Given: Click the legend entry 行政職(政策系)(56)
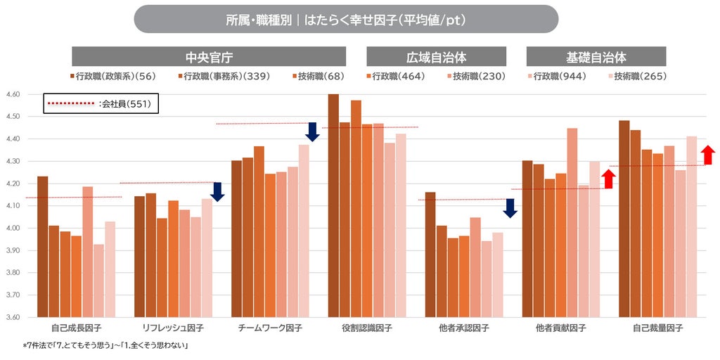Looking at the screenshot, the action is click(113, 77).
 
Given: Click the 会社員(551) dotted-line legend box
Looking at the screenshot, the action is click(101, 104).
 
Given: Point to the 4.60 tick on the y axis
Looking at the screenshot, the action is click(13, 95).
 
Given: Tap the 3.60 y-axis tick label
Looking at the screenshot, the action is click(13, 317).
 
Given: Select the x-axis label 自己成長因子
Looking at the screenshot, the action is click(77, 328).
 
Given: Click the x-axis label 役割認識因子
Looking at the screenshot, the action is click(367, 328).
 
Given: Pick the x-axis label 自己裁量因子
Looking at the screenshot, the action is click(658, 328).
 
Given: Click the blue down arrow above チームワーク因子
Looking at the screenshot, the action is click(312, 131).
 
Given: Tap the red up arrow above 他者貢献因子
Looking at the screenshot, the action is click(608, 179).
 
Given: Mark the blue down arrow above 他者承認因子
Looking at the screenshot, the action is click(510, 208).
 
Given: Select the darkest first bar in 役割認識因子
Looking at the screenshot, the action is click(333, 206).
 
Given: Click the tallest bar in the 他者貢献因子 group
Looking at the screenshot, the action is click(572, 223).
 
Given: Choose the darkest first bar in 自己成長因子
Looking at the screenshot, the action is click(43, 247).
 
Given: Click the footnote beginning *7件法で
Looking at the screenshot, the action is click(105, 345).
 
